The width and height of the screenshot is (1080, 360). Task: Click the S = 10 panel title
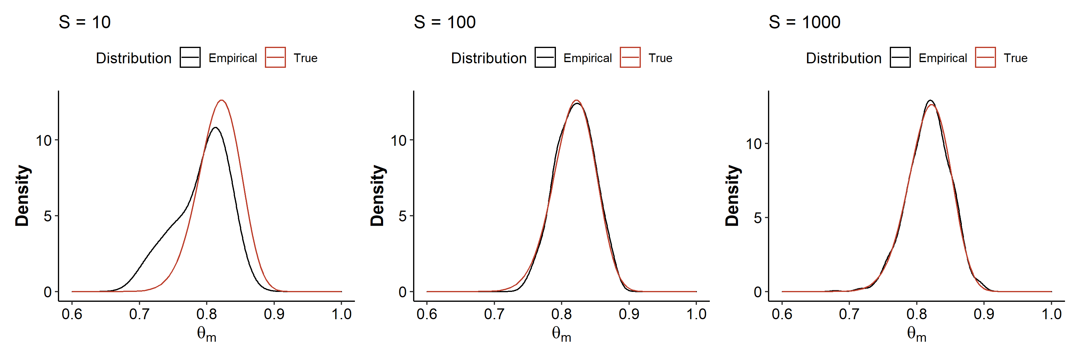click(x=84, y=22)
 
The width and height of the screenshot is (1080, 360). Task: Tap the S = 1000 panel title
click(x=804, y=22)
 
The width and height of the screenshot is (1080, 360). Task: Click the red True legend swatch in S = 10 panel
click(x=275, y=57)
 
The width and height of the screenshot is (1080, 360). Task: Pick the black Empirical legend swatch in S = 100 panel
click(x=545, y=57)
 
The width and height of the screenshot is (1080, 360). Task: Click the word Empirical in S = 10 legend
click(x=233, y=58)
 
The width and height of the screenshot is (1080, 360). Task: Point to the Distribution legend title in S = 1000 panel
click(x=844, y=58)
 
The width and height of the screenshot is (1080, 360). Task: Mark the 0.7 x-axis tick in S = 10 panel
click(x=139, y=314)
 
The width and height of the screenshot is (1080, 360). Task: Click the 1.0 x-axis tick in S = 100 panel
click(x=696, y=314)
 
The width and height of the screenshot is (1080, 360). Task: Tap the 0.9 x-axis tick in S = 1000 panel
click(x=984, y=314)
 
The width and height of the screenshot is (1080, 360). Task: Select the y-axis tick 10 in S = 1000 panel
click(x=753, y=144)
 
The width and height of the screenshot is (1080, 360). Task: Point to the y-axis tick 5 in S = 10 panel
click(x=48, y=216)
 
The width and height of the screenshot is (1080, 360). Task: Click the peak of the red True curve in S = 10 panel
click(x=221, y=100)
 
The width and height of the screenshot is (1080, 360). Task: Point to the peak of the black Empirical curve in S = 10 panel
click(x=215, y=127)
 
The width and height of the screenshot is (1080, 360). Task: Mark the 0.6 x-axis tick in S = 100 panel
click(x=427, y=314)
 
